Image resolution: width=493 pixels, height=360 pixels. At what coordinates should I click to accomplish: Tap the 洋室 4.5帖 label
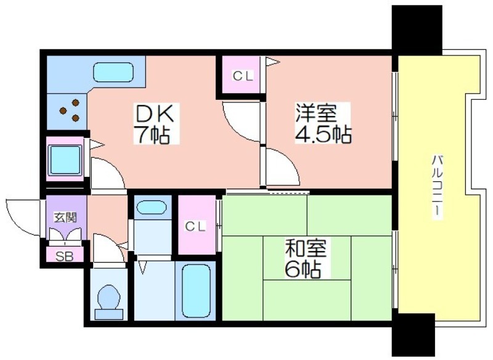coord(323,123)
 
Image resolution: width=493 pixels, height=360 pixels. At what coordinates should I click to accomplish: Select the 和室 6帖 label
coord(306,258)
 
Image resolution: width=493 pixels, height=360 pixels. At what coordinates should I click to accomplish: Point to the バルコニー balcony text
coord(436,186)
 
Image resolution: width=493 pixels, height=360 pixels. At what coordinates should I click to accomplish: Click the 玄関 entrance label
coord(65,217)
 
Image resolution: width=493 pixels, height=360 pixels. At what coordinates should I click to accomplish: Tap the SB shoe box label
coord(65,256)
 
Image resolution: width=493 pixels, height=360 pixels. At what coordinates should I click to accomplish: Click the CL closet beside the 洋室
coord(242,76)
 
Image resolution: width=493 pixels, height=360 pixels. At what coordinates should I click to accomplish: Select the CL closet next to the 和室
coord(195,226)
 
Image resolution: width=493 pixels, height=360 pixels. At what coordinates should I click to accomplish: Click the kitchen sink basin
coord(113,73)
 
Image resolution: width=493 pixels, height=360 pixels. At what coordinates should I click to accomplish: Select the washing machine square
coord(65,160)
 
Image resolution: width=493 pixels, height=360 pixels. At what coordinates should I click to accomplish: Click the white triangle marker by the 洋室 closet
coord(272,62)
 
